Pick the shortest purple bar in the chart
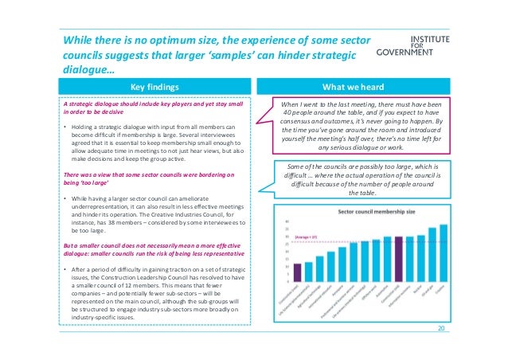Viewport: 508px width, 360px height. click(x=297, y=273)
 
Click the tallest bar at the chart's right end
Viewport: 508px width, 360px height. click(x=444, y=253)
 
